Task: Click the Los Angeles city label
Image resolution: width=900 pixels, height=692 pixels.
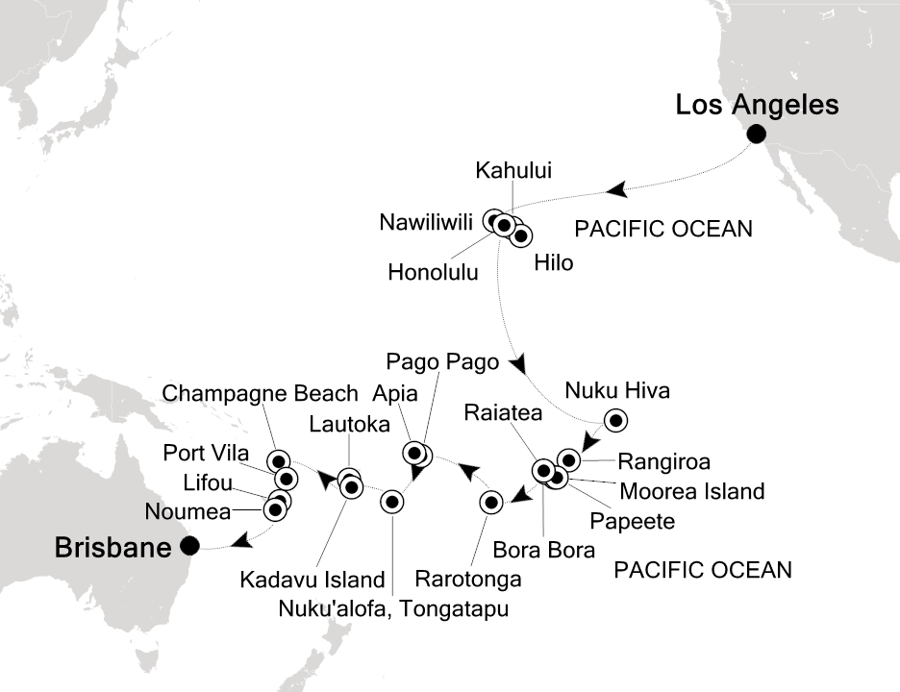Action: pyautogui.click(x=757, y=104)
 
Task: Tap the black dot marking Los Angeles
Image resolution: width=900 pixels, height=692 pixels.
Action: pyautogui.click(x=757, y=135)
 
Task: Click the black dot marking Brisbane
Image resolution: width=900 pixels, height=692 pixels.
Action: pyautogui.click(x=190, y=546)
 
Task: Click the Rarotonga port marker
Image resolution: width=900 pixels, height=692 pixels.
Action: pyautogui.click(x=490, y=502)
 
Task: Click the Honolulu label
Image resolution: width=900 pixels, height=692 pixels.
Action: pyautogui.click(x=433, y=272)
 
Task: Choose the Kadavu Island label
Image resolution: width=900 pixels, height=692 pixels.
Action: pyautogui.click(x=312, y=580)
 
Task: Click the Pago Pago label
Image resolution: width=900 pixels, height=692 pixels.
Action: pyautogui.click(x=442, y=362)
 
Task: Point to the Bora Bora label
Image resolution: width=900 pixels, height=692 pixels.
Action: pyautogui.click(x=543, y=550)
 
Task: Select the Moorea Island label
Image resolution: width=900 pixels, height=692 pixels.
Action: pyautogui.click(x=692, y=492)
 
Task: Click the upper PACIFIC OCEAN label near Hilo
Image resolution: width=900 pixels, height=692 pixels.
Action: pyautogui.click(x=662, y=230)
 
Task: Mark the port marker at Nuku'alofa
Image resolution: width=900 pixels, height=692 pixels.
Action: pyautogui.click(x=391, y=501)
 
